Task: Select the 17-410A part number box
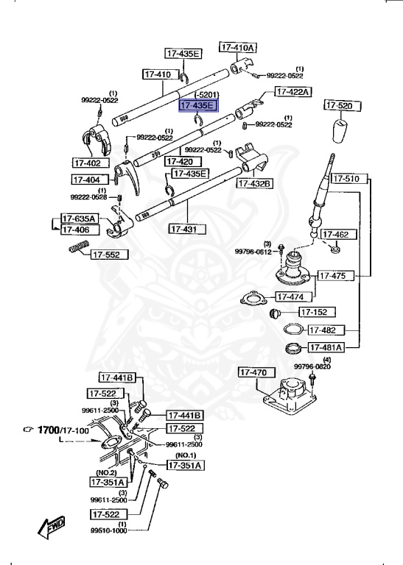pos(236,47)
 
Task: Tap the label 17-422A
pos(293,92)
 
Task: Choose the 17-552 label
pos(110,255)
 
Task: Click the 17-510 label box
pos(346,178)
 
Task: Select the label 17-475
pos(335,276)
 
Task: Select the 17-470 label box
pos(255,373)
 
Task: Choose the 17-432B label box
pos(254,183)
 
